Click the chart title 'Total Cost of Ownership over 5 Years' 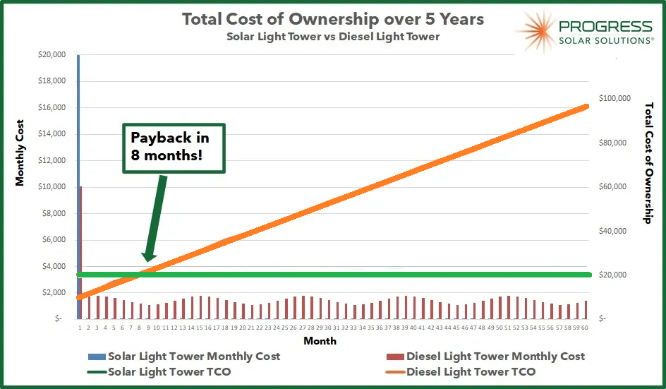(333, 19)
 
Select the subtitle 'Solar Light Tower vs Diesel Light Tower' (333, 36)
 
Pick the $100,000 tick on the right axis (614, 99)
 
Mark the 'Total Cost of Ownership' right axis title (649, 163)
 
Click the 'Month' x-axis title (320, 341)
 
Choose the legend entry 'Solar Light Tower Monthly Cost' (193, 357)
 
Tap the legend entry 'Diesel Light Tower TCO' (471, 371)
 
